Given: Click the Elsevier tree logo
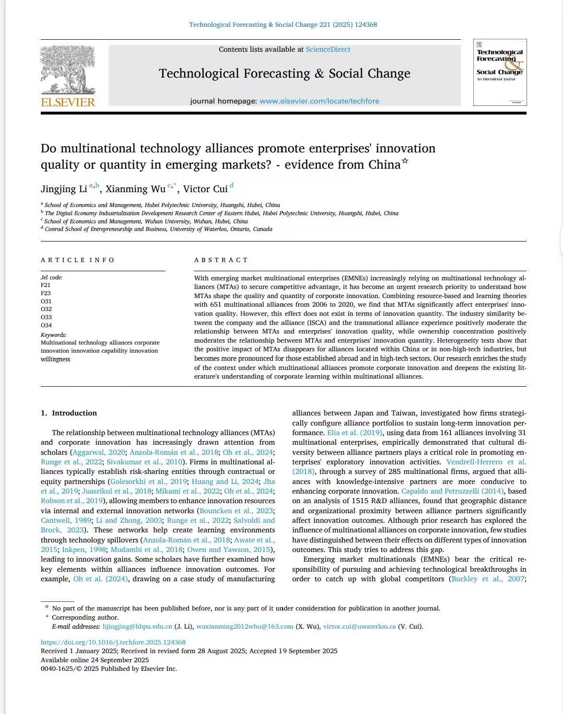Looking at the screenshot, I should (68, 69).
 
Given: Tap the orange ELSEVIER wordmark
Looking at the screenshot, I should (68, 102).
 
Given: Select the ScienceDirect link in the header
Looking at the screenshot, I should (328, 49).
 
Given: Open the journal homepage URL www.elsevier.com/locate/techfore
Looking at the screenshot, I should (319, 101).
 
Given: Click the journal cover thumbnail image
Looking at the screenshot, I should (500, 72).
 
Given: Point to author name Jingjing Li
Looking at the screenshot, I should (64, 189).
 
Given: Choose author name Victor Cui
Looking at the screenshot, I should (205, 189).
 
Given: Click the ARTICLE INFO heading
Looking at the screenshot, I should (78, 260).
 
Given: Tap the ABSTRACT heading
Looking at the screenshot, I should (221, 260).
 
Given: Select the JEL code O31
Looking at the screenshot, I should (46, 301).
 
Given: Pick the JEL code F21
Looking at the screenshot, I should (46, 285).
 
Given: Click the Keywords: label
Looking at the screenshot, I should (54, 335).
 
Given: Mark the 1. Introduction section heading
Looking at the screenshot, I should (69, 413).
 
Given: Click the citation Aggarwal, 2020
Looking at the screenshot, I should (99, 452).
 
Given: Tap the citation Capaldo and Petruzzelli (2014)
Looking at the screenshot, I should (453, 491).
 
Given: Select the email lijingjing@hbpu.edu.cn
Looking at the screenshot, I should (137, 627).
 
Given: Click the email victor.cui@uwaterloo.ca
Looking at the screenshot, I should (359, 627).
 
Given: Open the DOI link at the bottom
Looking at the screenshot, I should (113, 643).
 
